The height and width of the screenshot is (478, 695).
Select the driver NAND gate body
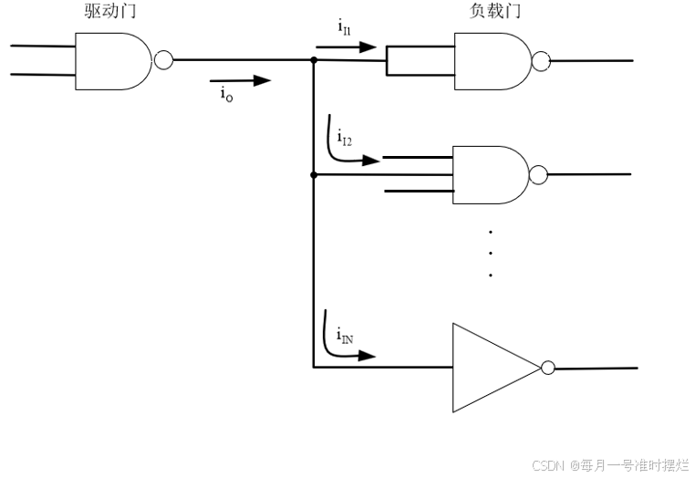(112, 61)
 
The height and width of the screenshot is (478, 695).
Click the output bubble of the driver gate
(163, 60)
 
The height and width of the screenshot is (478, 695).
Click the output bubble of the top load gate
(542, 61)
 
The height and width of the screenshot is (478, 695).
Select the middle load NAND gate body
(490, 174)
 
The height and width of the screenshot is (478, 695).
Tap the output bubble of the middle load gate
(538, 174)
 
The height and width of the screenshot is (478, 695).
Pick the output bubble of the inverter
(547, 368)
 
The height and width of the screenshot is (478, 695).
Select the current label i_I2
(345, 138)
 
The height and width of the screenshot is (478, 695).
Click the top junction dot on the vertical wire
(313, 60)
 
